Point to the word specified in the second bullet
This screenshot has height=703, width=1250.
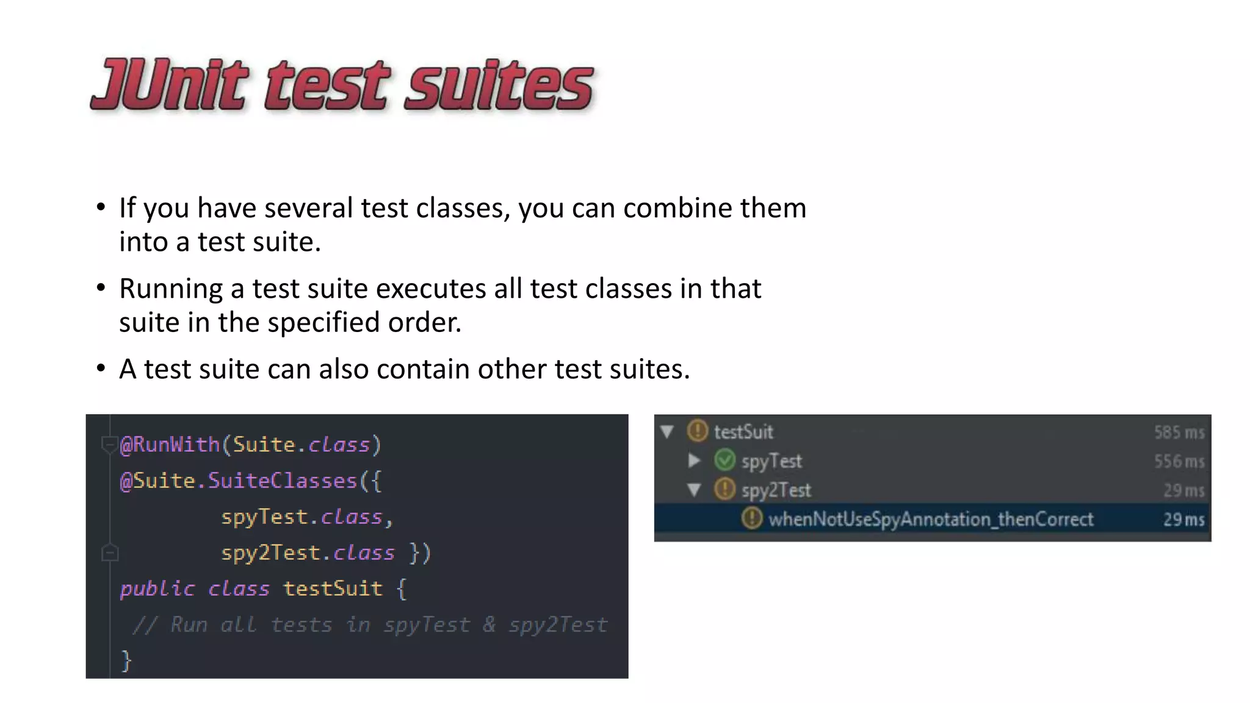tap(324, 323)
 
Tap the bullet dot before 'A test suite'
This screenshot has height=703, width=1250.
tap(101, 368)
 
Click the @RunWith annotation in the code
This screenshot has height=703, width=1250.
tap(170, 445)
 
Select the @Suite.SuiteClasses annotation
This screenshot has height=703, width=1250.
tap(238, 481)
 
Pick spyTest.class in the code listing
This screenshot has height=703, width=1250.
tap(302, 517)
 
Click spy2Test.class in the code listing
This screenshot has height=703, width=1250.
tap(308, 553)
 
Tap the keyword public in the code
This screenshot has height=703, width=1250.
tap(157, 589)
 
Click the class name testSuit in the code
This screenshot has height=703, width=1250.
tap(333, 589)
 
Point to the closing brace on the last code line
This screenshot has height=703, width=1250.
tap(126, 661)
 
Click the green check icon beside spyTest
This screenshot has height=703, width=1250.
tap(724, 460)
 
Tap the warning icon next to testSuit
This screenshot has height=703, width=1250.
tap(697, 431)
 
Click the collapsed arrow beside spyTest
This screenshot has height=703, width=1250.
tap(694, 460)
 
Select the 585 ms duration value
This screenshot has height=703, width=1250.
tap(1179, 432)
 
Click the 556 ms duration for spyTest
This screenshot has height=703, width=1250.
tap(1179, 461)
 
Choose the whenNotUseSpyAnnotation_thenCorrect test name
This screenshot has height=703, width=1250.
tap(930, 519)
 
